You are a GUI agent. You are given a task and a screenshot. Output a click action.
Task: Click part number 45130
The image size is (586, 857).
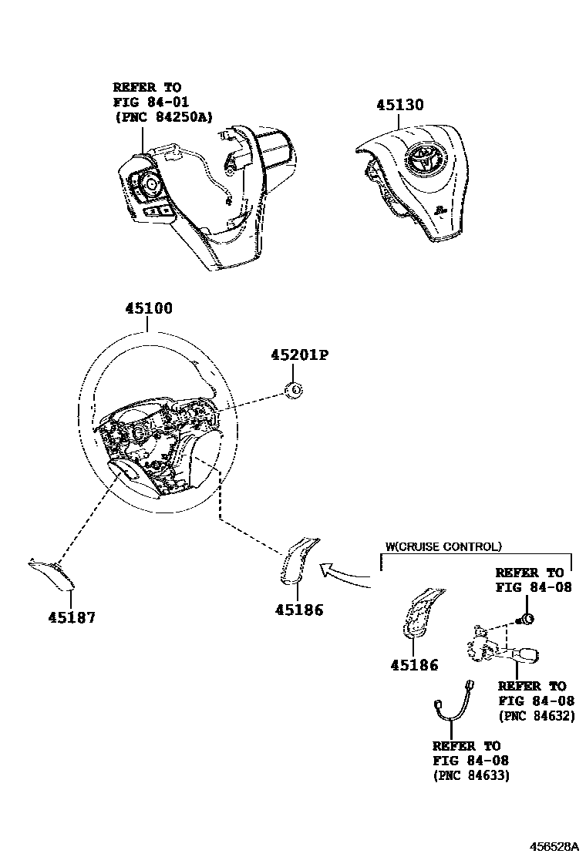[x=400, y=105]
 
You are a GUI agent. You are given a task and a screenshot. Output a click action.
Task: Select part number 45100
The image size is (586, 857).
[x=149, y=308]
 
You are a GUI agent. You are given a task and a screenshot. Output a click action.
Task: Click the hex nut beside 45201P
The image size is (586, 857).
[x=293, y=392]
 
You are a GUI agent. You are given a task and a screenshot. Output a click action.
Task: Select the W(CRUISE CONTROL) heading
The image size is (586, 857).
[x=443, y=546]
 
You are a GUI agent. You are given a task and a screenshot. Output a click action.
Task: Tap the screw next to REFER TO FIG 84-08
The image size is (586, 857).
[x=529, y=618]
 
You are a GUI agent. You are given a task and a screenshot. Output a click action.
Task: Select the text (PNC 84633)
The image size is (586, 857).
[x=471, y=775]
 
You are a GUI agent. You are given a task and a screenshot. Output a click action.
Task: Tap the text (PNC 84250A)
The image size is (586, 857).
[x=163, y=116]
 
